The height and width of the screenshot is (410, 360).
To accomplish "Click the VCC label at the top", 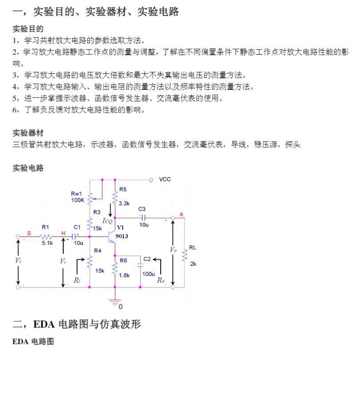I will pyautogui.click(x=165, y=180).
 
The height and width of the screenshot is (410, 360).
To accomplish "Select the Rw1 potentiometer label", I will pyautogui.click(x=76, y=194).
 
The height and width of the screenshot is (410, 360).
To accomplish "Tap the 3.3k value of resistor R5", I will pyautogui.click(x=124, y=203).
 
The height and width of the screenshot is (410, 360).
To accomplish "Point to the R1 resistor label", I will pyautogui.click(x=45, y=227).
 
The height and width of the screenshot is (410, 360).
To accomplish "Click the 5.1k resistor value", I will pyautogui.click(x=47, y=243).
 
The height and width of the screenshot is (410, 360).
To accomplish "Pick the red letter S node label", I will pyautogui.click(x=29, y=233).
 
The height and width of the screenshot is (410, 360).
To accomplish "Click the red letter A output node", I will pyautogui.click(x=182, y=215).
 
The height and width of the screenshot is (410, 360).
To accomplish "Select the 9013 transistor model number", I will pyautogui.click(x=122, y=237).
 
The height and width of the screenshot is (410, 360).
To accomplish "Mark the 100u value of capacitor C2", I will pyautogui.click(x=148, y=274).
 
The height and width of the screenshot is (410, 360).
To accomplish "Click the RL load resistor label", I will pyautogui.click(x=192, y=248).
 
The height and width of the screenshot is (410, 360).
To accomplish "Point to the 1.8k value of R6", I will pyautogui.click(x=124, y=276).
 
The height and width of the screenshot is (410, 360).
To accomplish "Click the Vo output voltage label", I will pyautogui.click(x=173, y=250).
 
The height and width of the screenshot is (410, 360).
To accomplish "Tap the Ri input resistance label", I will pyautogui.click(x=77, y=280).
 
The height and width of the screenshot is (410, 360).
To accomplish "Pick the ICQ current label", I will pyautogui.click(x=107, y=221).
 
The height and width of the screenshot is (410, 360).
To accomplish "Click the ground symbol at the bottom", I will pyautogui.click(x=115, y=303).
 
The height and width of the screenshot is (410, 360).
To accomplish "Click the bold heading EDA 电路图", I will pyautogui.click(x=33, y=342).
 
